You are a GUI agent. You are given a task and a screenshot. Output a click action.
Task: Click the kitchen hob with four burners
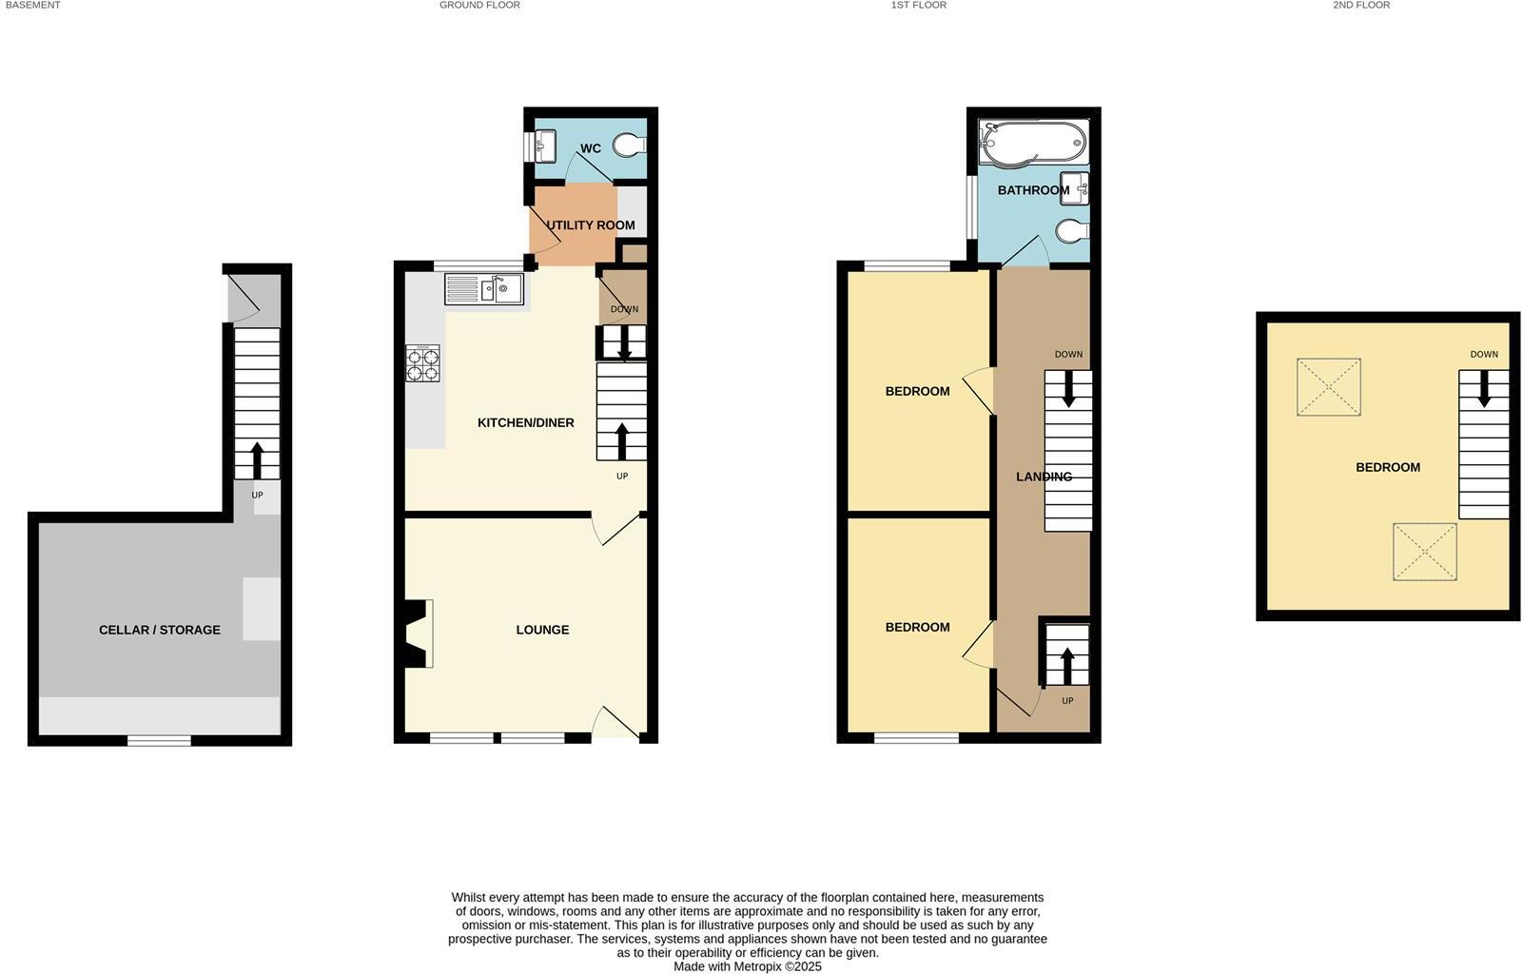[422, 363]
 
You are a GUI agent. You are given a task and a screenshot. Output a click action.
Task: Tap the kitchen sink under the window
[483, 288]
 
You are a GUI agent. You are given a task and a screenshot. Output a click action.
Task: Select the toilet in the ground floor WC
[629, 145]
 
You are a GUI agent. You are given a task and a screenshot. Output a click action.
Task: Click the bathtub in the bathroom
[1033, 143]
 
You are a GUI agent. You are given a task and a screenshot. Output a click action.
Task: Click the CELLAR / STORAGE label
[159, 630]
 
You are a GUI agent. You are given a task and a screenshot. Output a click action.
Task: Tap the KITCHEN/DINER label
[525, 422]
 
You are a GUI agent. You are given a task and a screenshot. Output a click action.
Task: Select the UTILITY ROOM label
[590, 225]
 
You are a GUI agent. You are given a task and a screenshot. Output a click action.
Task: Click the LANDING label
[1044, 477]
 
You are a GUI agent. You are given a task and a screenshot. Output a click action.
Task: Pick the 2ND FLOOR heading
[1360, 5]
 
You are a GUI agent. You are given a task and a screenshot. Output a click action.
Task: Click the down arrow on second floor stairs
[1483, 390]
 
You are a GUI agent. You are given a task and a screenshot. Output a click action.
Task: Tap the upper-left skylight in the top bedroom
[1328, 386]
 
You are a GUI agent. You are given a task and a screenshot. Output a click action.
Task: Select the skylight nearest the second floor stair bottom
[1424, 552]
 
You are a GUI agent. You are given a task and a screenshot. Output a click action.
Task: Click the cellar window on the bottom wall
[159, 740]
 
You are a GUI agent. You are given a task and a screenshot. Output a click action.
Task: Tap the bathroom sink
[1074, 188]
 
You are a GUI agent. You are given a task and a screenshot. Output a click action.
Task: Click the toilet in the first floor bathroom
[1072, 230]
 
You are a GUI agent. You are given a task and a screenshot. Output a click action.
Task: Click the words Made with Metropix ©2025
[747, 966]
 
